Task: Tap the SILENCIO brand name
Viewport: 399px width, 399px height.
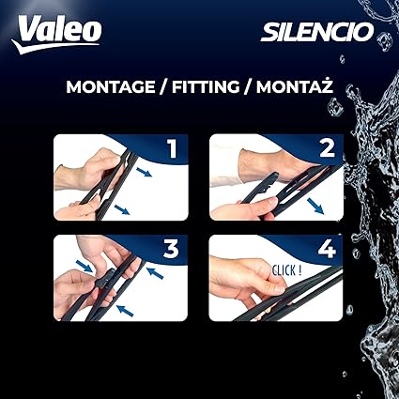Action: (x=317, y=32)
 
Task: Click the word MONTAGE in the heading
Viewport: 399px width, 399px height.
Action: (x=111, y=87)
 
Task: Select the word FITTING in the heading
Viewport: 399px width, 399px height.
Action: (x=206, y=87)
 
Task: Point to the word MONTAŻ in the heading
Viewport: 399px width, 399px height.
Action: (x=295, y=86)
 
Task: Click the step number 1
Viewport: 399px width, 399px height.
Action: (x=173, y=148)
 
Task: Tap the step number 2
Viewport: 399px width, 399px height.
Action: (x=328, y=148)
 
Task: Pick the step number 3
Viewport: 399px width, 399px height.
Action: (x=171, y=249)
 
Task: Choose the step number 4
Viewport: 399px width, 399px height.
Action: (x=327, y=249)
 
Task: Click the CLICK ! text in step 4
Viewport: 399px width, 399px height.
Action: (x=286, y=270)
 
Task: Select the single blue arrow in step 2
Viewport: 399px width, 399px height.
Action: (x=315, y=206)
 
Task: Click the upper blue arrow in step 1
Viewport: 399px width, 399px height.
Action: (x=144, y=172)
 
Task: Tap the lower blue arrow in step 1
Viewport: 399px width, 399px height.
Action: (x=122, y=209)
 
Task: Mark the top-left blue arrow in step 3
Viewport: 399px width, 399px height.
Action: (x=84, y=266)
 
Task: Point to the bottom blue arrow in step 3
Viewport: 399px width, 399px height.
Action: (x=125, y=310)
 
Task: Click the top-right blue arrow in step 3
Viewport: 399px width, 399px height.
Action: (x=155, y=272)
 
